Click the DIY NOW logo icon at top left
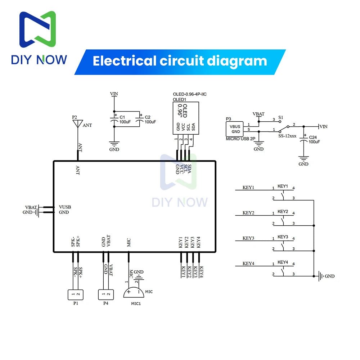pos(37,31)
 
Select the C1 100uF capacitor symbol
pos(114,121)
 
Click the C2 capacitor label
pos(148,117)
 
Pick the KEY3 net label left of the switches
pos(248,238)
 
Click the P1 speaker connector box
pos(76,295)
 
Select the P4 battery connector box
pos(106,295)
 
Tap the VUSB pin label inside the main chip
pos(65,207)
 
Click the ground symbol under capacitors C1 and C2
pos(114,144)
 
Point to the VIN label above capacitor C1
pos(114,94)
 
